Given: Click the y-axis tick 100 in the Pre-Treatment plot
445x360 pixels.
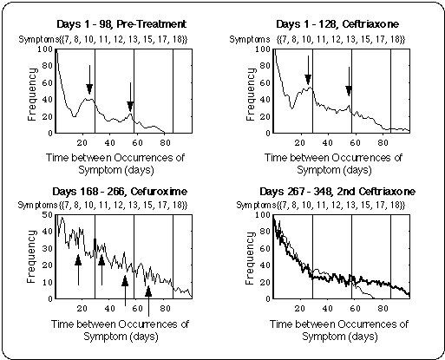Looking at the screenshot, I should click(46, 49).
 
